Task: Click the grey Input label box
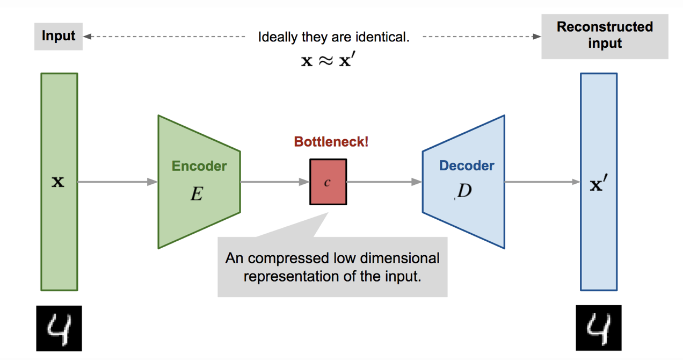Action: [59, 37]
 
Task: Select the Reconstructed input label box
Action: [605, 35]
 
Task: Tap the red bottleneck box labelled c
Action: [328, 182]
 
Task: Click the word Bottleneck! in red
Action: [331, 142]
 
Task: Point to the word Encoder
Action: [199, 166]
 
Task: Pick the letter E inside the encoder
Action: [197, 193]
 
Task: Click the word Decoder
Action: [467, 166]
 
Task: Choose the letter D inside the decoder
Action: [464, 191]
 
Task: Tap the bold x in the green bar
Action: [57, 182]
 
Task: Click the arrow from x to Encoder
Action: [118, 182]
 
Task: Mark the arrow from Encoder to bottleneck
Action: [275, 182]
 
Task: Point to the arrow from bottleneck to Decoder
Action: [384, 182]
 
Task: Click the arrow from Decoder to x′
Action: [542, 182]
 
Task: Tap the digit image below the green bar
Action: [59, 328]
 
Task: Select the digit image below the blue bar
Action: [598, 328]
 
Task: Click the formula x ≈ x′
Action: [328, 60]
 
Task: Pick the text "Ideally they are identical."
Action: [334, 38]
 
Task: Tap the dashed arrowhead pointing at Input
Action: [88, 37]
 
